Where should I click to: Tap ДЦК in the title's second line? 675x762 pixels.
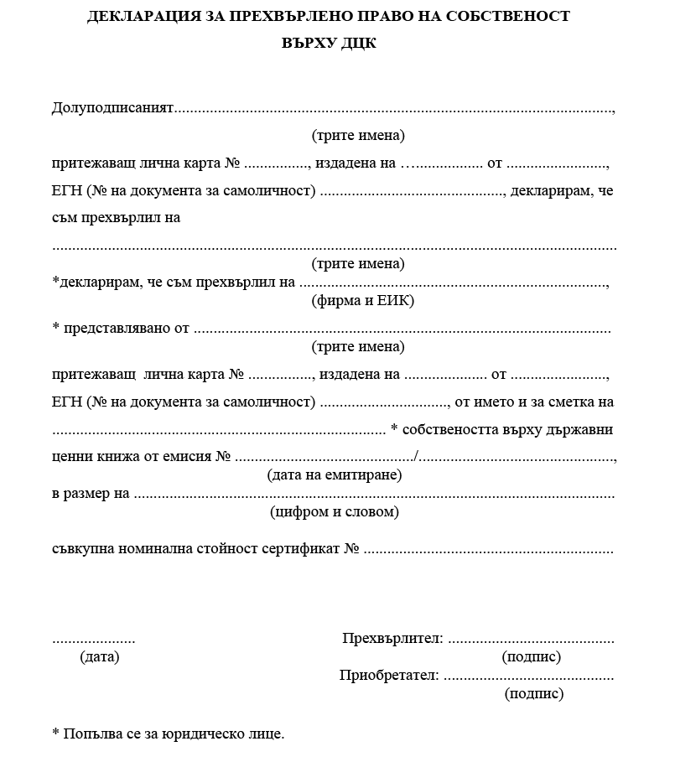click(359, 44)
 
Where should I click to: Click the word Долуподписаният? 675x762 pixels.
click(112, 108)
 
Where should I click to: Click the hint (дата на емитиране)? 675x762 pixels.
click(335, 475)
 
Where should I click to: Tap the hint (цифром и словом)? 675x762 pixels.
click(335, 511)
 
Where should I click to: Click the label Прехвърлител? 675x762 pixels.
click(392, 639)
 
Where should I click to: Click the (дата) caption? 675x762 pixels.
click(100, 657)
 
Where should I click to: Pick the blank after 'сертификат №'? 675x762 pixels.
click(488, 552)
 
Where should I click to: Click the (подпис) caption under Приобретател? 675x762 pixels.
click(534, 694)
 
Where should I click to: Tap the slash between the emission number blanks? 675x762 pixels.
click(417, 457)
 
